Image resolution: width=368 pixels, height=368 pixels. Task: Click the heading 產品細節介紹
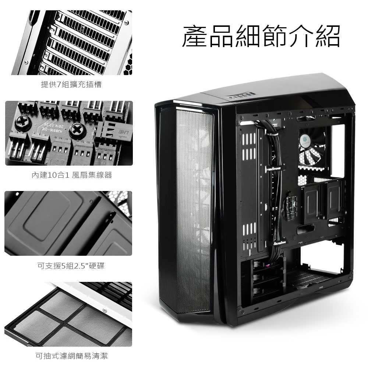261,36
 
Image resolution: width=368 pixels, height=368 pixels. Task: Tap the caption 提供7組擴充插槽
71,84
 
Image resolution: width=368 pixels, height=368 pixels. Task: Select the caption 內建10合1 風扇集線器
72,175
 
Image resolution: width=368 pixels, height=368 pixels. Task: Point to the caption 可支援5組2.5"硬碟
71,266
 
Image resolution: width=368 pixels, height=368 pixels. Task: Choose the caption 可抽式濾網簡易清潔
71,356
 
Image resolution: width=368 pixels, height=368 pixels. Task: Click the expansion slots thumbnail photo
72,43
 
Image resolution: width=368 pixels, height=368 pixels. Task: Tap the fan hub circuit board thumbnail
69,133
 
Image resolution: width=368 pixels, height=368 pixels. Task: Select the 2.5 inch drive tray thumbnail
68,223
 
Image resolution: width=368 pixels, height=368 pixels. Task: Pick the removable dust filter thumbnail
68,314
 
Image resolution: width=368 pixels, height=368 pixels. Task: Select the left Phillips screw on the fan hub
22,123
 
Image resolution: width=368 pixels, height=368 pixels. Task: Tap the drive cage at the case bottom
268,279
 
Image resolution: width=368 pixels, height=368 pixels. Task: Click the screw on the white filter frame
105,311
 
